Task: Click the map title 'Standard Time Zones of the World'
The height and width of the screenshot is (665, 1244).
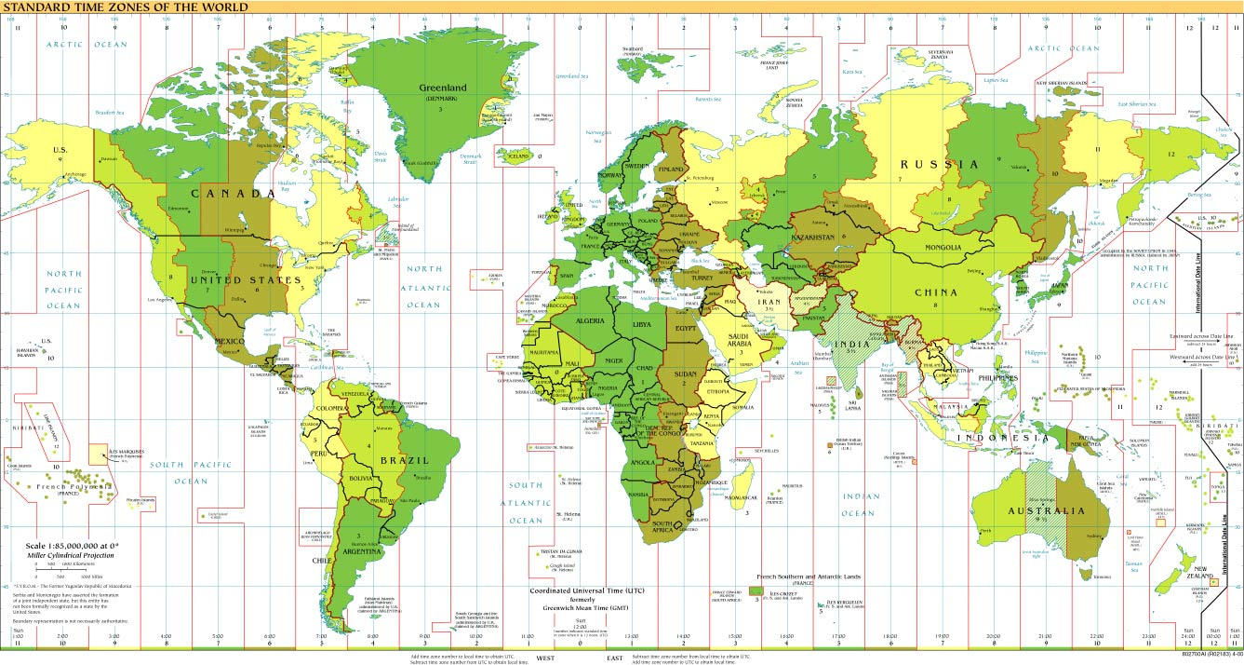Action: (x=126, y=7)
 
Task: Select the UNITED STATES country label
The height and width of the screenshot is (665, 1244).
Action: (x=246, y=279)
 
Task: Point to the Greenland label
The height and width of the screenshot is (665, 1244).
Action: (x=443, y=88)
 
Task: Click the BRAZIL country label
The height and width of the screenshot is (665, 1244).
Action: (x=403, y=460)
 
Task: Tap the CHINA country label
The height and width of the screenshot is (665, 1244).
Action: (x=935, y=292)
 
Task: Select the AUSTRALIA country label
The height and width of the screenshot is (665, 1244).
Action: (x=1047, y=510)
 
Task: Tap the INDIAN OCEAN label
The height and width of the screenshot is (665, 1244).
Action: (x=859, y=504)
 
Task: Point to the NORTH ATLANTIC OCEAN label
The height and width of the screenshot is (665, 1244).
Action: (x=421, y=287)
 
